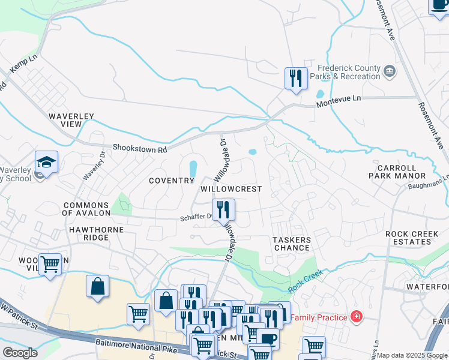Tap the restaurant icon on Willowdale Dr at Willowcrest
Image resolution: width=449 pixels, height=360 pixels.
(224, 209)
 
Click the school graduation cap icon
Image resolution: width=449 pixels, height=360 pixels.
(46, 162)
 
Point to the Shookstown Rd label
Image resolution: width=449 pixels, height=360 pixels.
(139, 148)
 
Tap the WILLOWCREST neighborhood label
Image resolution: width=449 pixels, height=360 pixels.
(231, 188)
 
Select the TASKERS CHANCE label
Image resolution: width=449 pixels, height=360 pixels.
(292, 244)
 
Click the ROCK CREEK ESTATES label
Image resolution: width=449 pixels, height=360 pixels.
(414, 238)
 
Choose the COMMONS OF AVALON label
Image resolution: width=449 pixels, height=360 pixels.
(86, 209)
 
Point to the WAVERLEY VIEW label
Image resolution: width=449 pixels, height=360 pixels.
(64, 119)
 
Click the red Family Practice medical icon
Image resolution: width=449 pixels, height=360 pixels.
(357, 316)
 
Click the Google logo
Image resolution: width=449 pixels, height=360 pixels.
(20, 353)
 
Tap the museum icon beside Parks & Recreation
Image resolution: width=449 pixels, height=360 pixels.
(390, 72)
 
